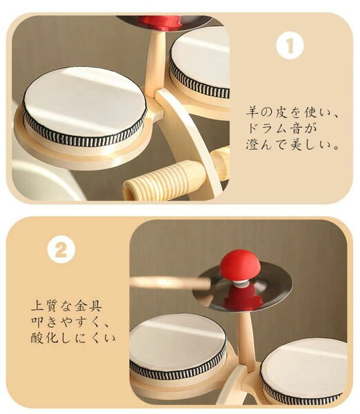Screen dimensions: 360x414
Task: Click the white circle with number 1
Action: tap(290, 46)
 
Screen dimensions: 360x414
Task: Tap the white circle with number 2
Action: tap(61, 250)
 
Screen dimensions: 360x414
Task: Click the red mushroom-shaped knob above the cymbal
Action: tap(240, 265)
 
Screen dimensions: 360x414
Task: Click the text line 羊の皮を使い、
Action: tap(291, 112)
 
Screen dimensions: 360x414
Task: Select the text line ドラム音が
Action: tap(281, 128)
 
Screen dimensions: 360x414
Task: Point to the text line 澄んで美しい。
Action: tap(292, 144)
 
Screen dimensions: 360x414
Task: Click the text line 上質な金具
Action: tap(66, 306)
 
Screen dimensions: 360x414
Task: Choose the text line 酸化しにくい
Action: tap(73, 337)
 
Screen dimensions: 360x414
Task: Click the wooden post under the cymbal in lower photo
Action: tap(246, 341)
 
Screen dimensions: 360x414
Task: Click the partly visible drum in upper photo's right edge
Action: tap(200, 63)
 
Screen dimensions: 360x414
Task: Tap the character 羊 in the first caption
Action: tap(252, 112)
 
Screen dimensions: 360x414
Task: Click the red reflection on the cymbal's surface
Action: tap(243, 297)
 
